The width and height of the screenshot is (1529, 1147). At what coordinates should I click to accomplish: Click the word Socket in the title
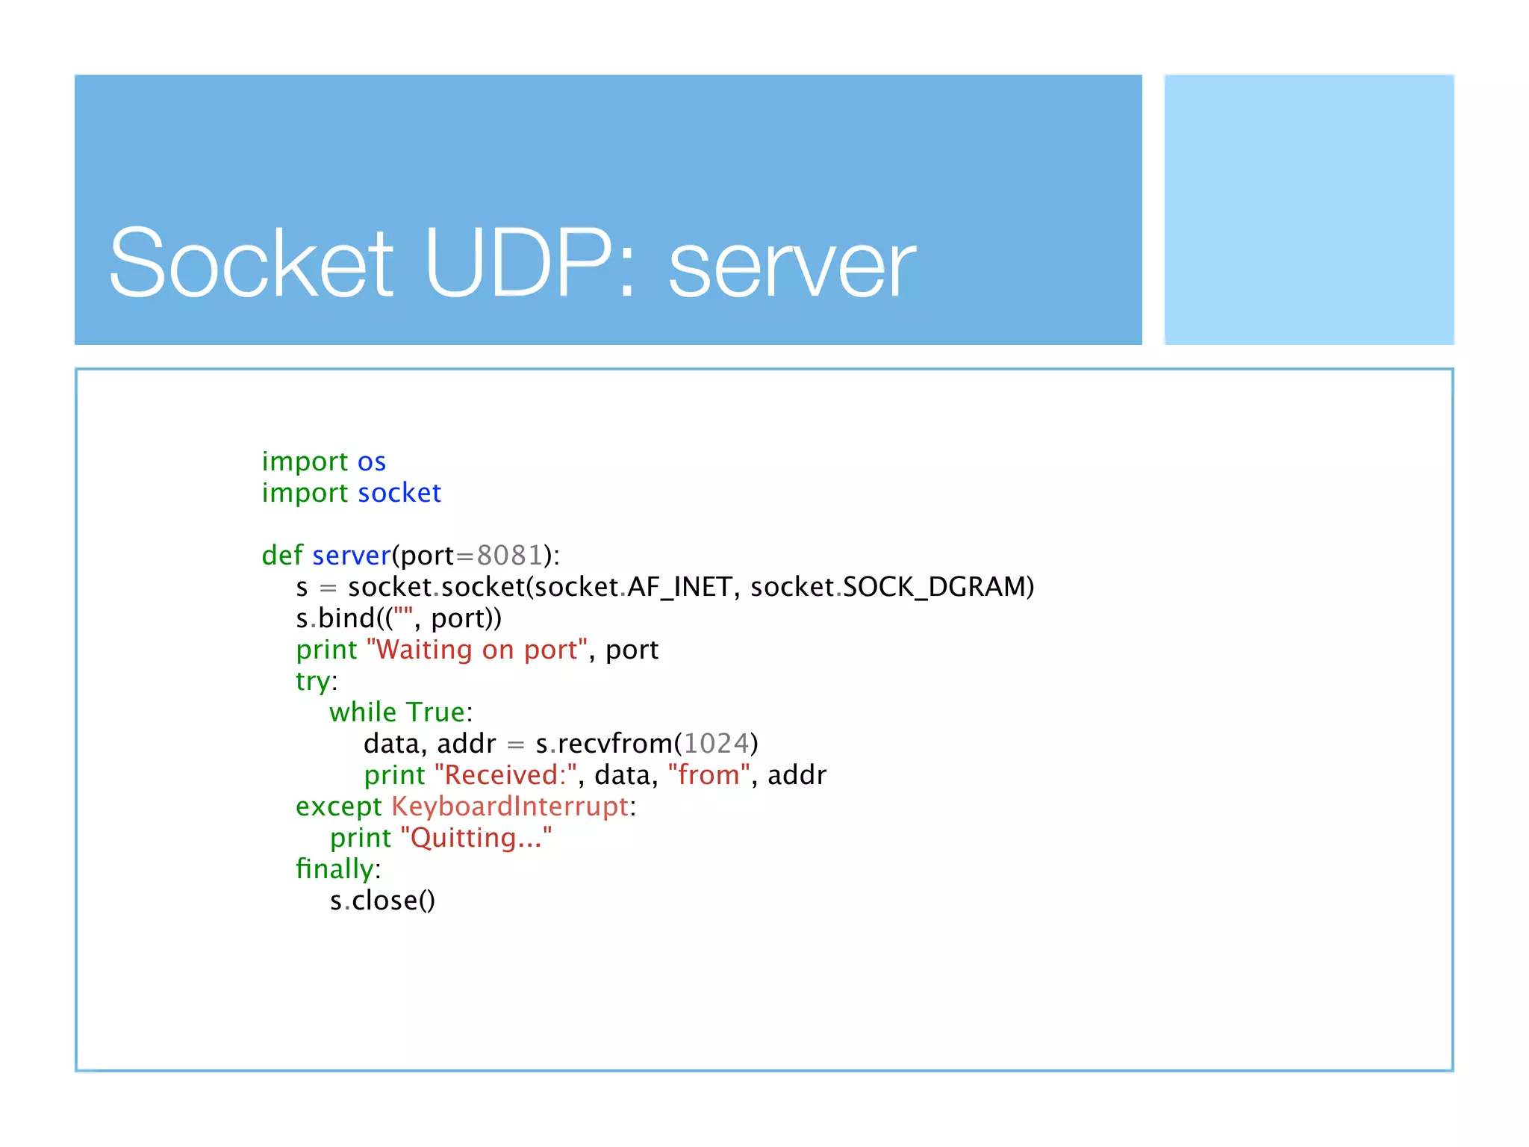[251, 263]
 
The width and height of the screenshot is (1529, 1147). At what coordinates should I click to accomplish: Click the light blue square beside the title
[1309, 210]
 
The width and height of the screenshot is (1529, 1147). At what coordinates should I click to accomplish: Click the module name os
[371, 462]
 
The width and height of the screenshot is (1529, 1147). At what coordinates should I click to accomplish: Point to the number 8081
[509, 556]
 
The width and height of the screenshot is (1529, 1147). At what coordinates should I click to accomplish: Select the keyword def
[281, 556]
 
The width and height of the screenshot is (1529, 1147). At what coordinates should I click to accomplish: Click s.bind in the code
[336, 618]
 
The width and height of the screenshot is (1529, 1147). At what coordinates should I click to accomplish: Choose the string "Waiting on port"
[477, 650]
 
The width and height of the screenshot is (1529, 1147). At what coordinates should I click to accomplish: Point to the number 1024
[716, 744]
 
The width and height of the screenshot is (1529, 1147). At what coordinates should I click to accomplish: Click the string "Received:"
[505, 775]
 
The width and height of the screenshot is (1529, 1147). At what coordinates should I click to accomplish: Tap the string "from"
[709, 775]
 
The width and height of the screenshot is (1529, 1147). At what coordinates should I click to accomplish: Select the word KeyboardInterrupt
[510, 806]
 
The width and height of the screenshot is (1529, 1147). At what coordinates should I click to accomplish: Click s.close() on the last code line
[382, 901]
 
